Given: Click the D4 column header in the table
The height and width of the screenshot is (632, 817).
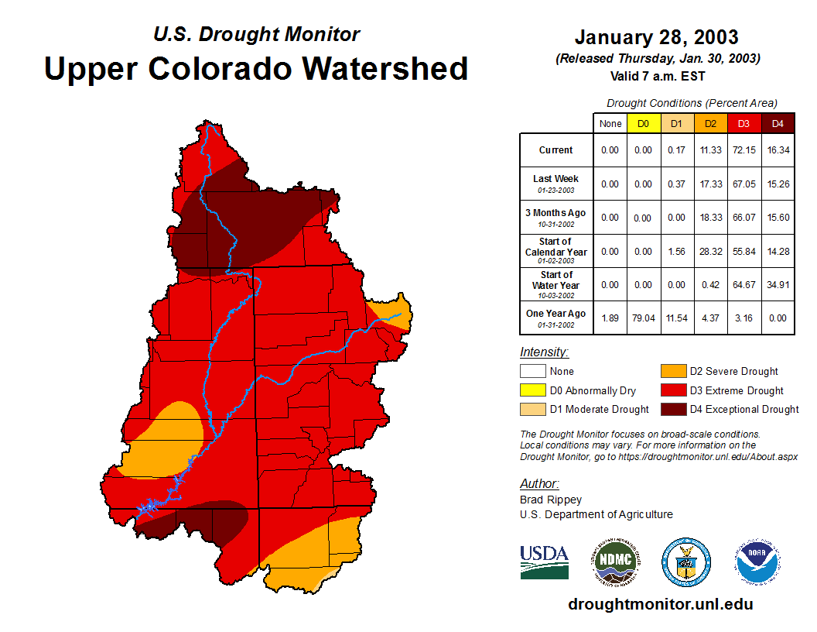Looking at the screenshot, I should tap(778, 123).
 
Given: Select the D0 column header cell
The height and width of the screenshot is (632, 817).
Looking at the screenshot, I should tap(644, 123).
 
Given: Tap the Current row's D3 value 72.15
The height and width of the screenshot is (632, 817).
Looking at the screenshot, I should tap(744, 150).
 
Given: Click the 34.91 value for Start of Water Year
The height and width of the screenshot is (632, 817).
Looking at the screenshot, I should tap(778, 285).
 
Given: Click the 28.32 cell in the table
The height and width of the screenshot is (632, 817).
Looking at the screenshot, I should tap(711, 251).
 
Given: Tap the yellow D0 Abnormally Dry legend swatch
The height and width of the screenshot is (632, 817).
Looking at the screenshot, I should tap(532, 390).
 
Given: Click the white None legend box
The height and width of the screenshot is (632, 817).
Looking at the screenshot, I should tap(532, 372).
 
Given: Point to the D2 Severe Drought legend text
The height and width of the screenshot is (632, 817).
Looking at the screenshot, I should tap(733, 372).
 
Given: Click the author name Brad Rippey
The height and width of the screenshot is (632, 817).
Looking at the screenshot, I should tap(551, 500).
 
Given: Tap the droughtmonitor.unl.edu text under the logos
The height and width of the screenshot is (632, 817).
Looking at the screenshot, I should tap(660, 604).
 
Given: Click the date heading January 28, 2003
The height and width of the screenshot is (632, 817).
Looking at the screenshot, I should tap(656, 37).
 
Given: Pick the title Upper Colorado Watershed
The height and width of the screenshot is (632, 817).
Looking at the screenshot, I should tap(256, 68).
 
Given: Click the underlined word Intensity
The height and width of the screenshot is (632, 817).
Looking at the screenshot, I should tap(544, 352).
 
